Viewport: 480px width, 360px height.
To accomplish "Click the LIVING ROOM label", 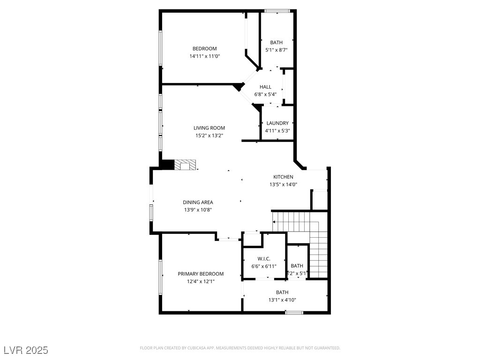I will point(209,128).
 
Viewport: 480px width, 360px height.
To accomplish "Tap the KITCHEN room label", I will point(283,177).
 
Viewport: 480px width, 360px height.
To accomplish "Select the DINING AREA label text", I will point(198,202).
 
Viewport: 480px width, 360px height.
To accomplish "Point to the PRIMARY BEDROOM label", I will point(200,274).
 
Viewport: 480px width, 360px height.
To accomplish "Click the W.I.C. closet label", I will point(263,258).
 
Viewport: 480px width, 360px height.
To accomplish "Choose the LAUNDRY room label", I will point(277,123).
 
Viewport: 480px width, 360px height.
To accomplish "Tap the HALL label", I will point(265,87).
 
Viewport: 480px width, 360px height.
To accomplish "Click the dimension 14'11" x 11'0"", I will point(204,56).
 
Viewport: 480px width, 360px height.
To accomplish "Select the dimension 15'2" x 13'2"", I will point(209,136).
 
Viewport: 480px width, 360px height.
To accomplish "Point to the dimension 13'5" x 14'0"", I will point(283,185).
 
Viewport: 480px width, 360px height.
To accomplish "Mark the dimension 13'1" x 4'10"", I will point(282,300).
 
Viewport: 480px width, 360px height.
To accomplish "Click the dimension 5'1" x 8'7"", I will point(276,50).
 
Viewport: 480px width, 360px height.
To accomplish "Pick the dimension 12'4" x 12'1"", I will point(200,281).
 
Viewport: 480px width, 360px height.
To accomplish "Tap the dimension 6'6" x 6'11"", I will point(263,266).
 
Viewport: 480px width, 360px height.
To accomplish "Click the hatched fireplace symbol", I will point(185,165).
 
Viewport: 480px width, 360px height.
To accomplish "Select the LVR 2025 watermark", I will point(26,350).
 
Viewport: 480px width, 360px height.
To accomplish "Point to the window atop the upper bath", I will point(277,11).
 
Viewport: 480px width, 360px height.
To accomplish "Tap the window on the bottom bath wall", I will point(294,312).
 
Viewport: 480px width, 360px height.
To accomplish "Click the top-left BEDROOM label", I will point(204,49).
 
